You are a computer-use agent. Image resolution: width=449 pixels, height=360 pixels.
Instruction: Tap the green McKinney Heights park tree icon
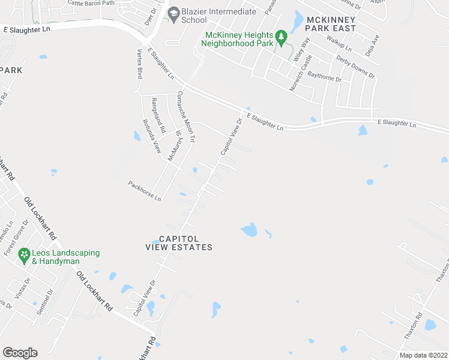(x=281, y=39)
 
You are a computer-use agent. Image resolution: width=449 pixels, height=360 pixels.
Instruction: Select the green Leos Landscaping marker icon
(x=24, y=256)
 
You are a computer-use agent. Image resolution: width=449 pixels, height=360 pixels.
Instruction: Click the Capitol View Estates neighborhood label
(x=179, y=243)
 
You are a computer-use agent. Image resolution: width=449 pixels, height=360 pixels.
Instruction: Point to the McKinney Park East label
(x=331, y=23)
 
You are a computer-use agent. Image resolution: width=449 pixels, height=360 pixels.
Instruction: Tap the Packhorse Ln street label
(x=145, y=190)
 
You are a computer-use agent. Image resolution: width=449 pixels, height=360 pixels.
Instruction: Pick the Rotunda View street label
(x=151, y=135)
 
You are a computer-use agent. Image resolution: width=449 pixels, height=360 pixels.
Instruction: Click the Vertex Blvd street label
(x=139, y=64)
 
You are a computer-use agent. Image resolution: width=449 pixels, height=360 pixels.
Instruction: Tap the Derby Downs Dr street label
(x=355, y=67)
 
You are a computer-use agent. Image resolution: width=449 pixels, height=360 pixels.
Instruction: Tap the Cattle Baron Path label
(x=91, y=3)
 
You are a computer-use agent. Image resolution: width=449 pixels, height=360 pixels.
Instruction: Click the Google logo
(x=20, y=352)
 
